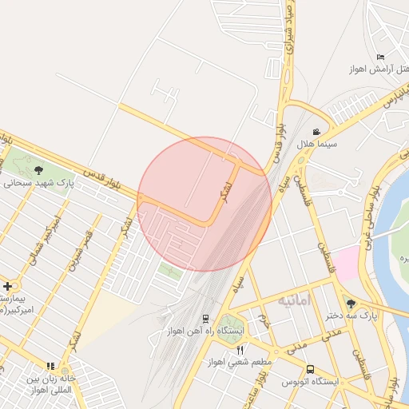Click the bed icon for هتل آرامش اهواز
[380, 57]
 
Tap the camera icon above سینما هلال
[317, 133]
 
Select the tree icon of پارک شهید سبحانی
[38, 169]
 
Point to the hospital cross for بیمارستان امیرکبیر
[8, 285]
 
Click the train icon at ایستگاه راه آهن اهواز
[205, 318]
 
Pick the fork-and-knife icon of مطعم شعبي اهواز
[240, 350]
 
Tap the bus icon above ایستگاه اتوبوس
[310, 369]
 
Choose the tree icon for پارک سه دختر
[351, 303]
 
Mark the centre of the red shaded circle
[204, 204]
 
